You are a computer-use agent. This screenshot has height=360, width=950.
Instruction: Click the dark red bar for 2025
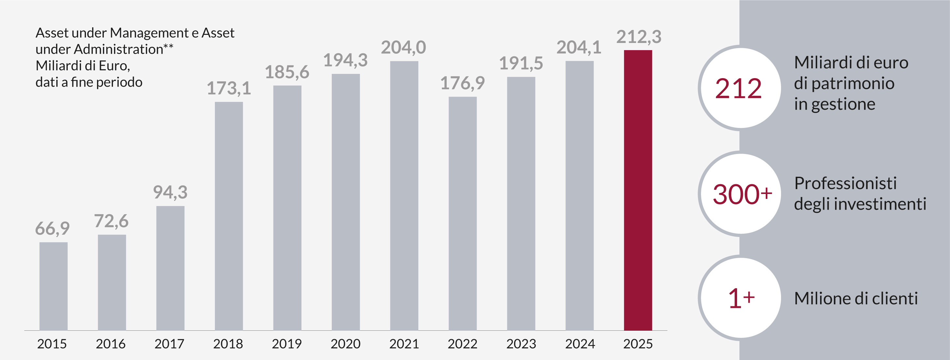pyautogui.click(x=638, y=190)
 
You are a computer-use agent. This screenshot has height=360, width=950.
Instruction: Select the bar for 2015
pyautogui.click(x=53, y=286)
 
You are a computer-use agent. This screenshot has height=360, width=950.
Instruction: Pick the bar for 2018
pyautogui.click(x=229, y=216)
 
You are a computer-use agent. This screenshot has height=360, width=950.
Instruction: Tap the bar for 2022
pyautogui.click(x=462, y=213)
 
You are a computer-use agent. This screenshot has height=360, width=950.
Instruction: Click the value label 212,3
pyautogui.click(x=639, y=37)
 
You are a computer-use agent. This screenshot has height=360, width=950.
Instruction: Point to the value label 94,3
pyautogui.click(x=170, y=192)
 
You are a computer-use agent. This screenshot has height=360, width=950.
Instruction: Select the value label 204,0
pyautogui.click(x=403, y=48)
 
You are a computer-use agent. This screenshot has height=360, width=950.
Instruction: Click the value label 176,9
pyautogui.click(x=462, y=83)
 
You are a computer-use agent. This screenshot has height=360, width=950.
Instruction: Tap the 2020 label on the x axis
pyautogui.click(x=345, y=344)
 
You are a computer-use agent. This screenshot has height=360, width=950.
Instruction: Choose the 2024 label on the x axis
pyautogui.click(x=580, y=344)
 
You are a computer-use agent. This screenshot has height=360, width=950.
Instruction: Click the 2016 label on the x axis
pyautogui.click(x=111, y=344)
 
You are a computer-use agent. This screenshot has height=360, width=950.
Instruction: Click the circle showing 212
pyautogui.click(x=739, y=88)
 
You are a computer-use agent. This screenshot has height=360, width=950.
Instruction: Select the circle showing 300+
pyautogui.click(x=739, y=194)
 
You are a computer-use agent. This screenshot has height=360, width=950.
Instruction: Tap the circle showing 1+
pyautogui.click(x=739, y=298)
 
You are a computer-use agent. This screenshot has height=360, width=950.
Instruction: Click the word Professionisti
pyautogui.click(x=845, y=183)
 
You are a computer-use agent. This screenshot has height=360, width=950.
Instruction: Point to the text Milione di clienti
pyautogui.click(x=856, y=298)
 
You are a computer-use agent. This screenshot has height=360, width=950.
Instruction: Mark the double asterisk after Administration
pyautogui.click(x=169, y=47)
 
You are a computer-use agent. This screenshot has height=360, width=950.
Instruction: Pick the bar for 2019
pyautogui.click(x=287, y=208)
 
